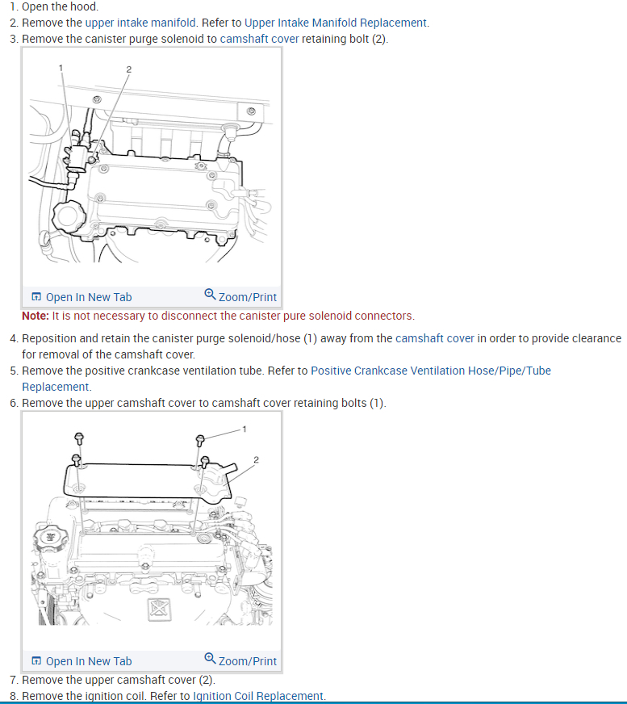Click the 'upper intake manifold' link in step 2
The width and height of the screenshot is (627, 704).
tap(140, 23)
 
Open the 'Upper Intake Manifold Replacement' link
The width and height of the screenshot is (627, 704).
tap(336, 23)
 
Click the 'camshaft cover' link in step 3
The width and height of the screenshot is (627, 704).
tap(259, 39)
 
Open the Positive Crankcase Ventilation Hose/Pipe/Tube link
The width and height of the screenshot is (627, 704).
tap(431, 371)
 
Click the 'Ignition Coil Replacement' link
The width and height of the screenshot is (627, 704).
tap(258, 696)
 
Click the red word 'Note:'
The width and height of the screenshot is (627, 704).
tap(36, 316)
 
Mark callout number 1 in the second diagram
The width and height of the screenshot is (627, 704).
tap(245, 428)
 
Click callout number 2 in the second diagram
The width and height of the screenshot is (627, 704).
tap(256, 459)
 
